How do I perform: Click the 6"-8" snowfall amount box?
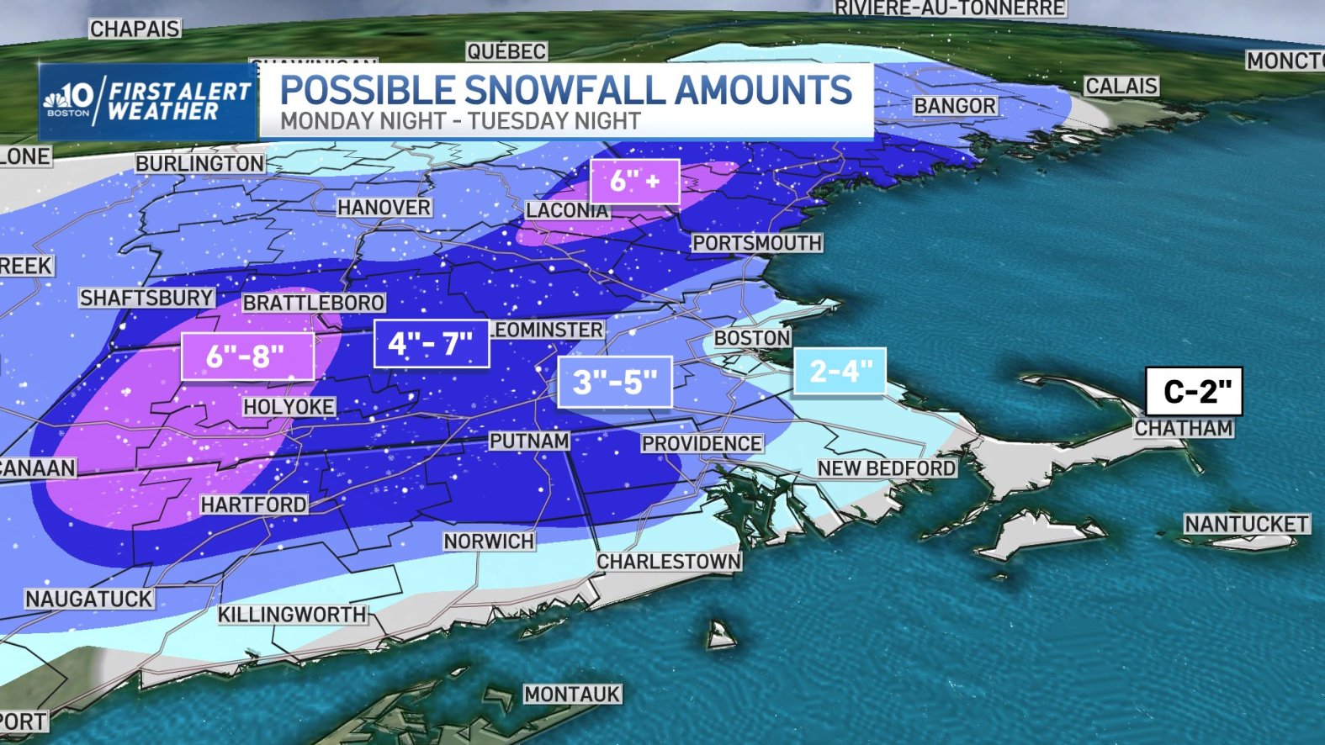pos(246,356)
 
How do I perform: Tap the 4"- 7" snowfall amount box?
pos(431,343)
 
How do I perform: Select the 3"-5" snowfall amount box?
pos(614,382)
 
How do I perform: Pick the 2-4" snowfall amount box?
pos(840,371)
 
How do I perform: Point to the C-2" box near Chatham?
pos(1194,391)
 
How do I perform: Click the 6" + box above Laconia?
pos(634,180)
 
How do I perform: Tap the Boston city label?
pos(752,338)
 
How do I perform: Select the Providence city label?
pos(702,443)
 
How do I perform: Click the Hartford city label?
pos(253,505)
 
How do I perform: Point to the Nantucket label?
pos(1246,524)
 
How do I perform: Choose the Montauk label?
pos(572,694)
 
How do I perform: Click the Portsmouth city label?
pos(756,243)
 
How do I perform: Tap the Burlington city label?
pos(200,163)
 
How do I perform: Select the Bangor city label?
pos(954,106)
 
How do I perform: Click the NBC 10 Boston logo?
pos(69,101)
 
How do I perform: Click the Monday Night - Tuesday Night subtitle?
pos(460,121)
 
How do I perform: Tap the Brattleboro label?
pos(314,303)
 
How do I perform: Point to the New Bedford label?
pos(886,468)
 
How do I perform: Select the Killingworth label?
pos(292,615)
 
